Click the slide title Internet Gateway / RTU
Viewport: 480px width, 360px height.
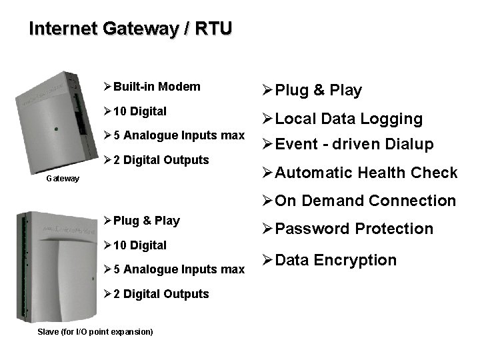pyautogui.click(x=131, y=29)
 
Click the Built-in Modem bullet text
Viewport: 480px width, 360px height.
pyautogui.click(x=156, y=87)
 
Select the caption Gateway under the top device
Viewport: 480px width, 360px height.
pyautogui.click(x=63, y=179)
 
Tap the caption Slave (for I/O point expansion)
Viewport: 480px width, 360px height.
pyautogui.click(x=95, y=331)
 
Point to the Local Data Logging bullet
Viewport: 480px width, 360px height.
pyautogui.click(x=349, y=119)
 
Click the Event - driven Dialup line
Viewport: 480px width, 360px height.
pyautogui.click(x=354, y=144)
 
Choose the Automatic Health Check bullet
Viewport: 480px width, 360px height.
pyautogui.click(x=366, y=173)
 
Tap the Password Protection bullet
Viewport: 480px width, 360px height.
pyautogui.click(x=354, y=229)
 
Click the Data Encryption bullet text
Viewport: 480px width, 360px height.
pyautogui.click(x=335, y=260)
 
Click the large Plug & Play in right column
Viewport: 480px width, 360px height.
pyautogui.click(x=318, y=91)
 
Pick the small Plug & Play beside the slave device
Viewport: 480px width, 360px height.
pyautogui.click(x=146, y=221)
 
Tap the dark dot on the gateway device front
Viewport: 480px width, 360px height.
pyautogui.click(x=57, y=128)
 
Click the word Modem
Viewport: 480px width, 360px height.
pyautogui.click(x=179, y=87)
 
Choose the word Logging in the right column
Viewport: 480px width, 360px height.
pyautogui.click(x=393, y=119)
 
